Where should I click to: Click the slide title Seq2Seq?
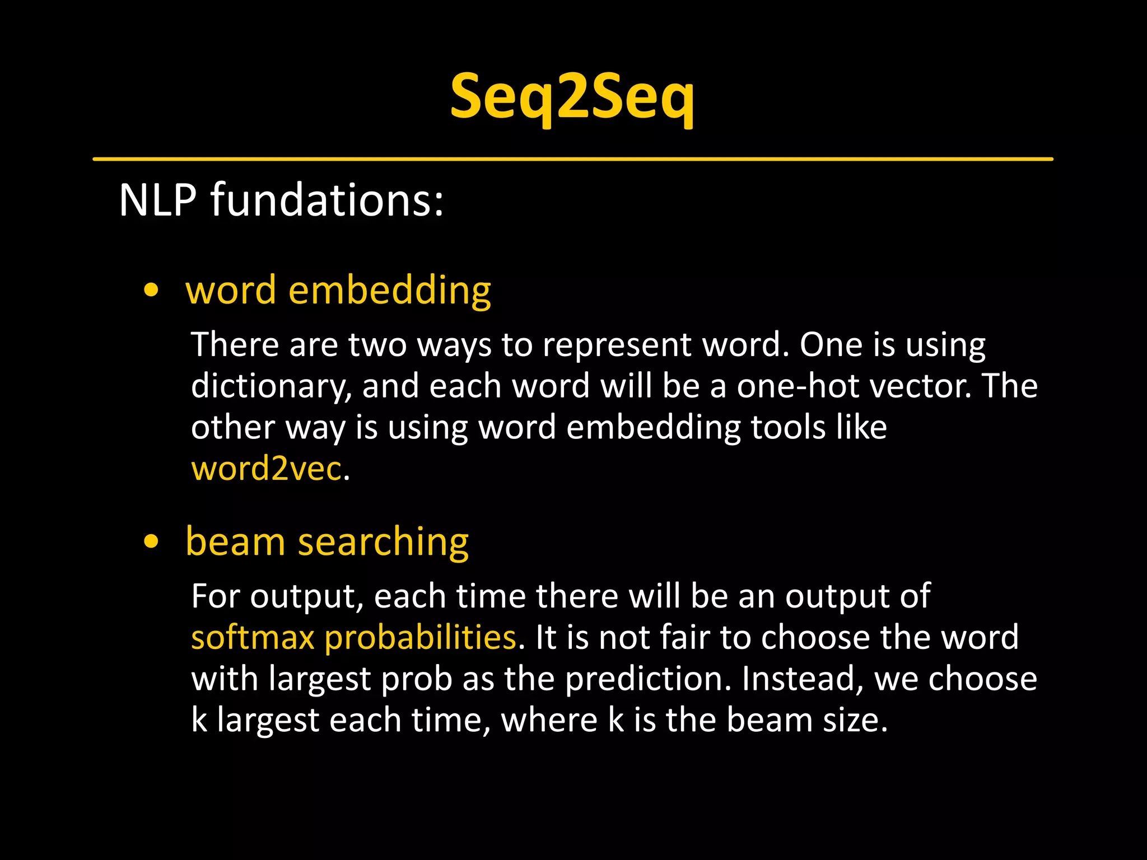point(572,96)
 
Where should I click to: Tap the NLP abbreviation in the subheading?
point(158,200)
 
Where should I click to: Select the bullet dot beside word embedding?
point(151,291)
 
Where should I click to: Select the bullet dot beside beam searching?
point(151,542)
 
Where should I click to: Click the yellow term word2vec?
point(266,468)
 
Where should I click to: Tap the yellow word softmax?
point(253,637)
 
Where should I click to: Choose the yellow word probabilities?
point(420,637)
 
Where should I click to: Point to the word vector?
point(919,386)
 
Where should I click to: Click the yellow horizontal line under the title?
point(572,159)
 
